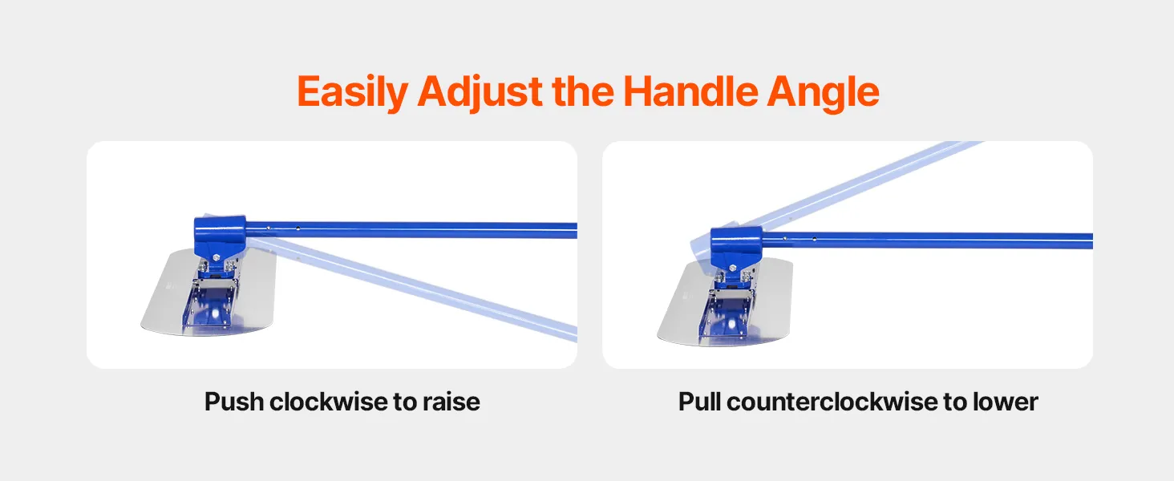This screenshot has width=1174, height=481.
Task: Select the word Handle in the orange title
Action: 690,91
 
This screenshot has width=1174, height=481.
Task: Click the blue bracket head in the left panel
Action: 220,236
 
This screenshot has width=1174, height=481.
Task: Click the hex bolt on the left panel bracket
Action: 217,258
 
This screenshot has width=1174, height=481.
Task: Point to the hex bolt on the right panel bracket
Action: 733,269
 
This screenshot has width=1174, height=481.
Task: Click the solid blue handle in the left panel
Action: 411,230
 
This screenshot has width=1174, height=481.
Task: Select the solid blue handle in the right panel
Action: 928,240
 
